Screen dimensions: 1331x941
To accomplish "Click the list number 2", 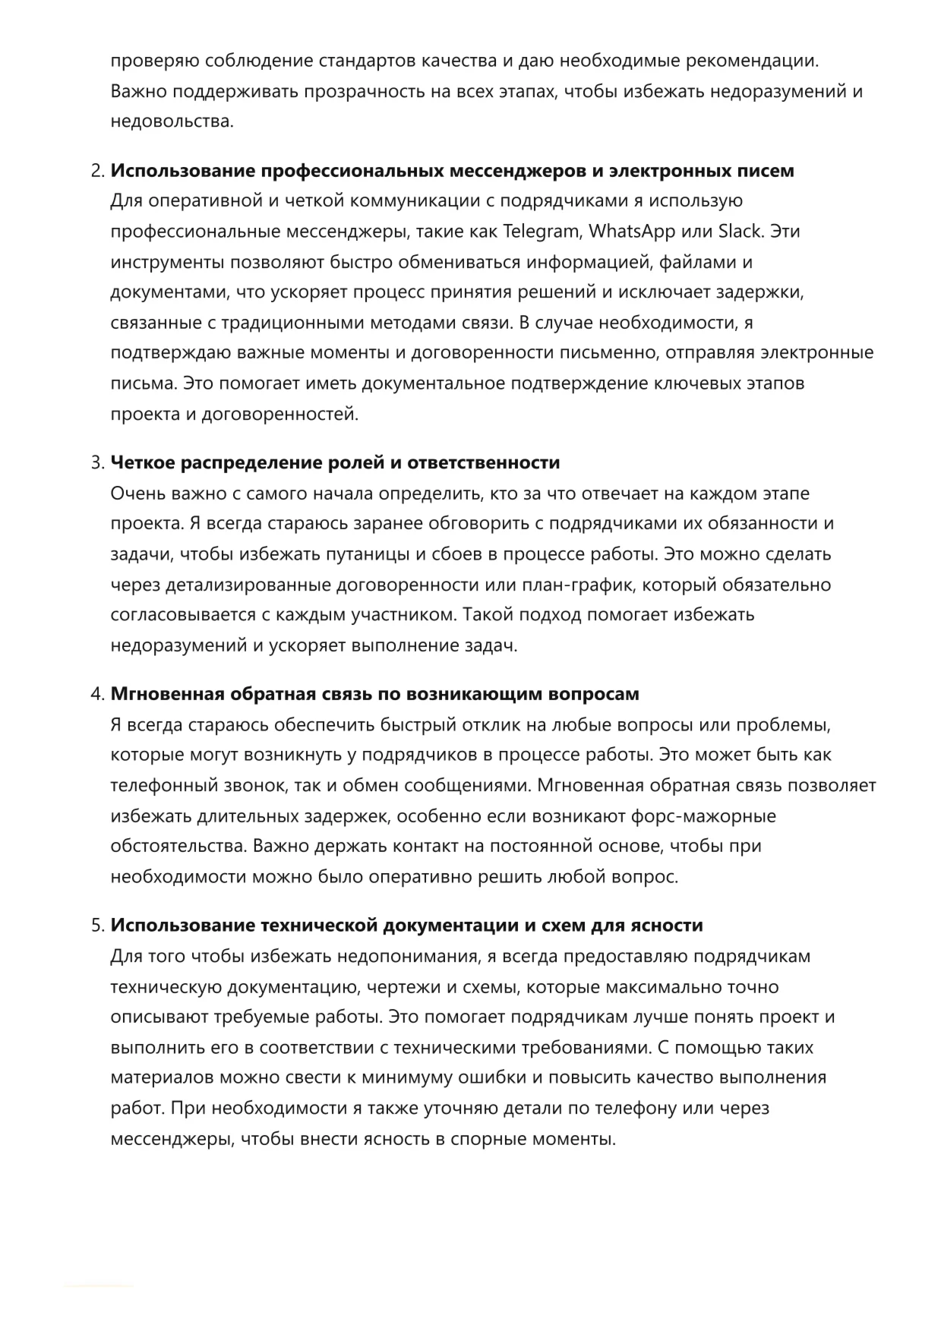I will point(97,171).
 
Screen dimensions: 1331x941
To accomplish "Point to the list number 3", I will point(97,463).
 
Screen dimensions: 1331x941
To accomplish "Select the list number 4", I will point(97,694).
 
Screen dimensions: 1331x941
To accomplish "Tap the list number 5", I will point(97,926).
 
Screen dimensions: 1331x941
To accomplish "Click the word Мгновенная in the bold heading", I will point(167,694).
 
